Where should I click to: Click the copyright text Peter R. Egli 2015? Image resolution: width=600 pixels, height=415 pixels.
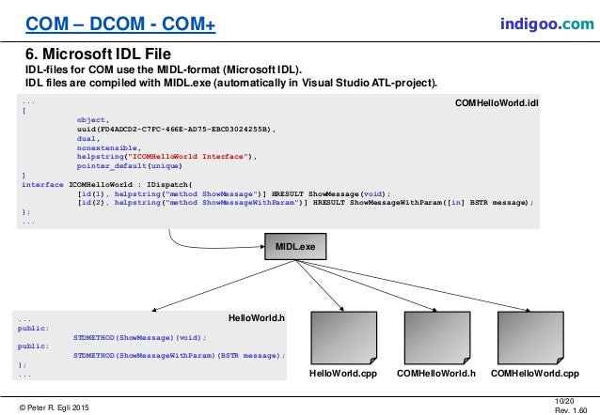point(59,405)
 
